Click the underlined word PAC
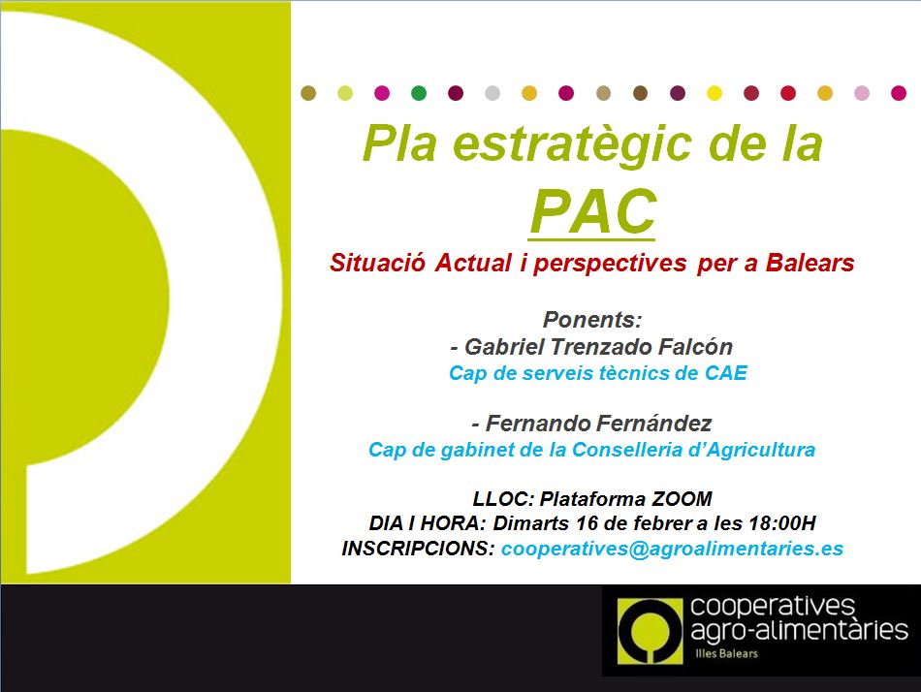[592, 211]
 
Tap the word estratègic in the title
[572, 144]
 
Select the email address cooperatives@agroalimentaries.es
[672, 549]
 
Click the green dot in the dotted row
[419, 93]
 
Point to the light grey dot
[492, 93]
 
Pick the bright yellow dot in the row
[715, 93]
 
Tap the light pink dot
[862, 93]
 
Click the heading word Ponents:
[592, 320]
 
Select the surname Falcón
[695, 347]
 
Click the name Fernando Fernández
[598, 423]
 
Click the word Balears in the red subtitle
[810, 263]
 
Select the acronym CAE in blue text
[726, 372]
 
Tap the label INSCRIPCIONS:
[419, 549]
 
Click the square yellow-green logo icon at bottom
[651, 631]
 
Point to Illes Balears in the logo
[726, 653]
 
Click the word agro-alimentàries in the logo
[799, 631]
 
